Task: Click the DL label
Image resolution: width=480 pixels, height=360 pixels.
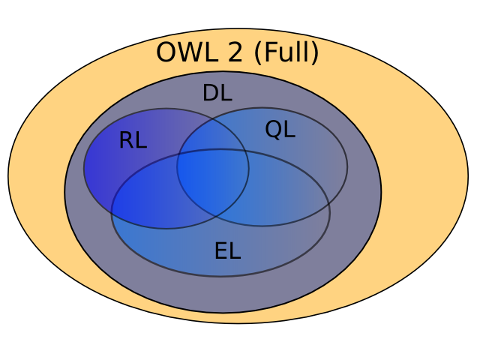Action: click(217, 94)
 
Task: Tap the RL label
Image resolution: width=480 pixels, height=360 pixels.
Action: click(133, 140)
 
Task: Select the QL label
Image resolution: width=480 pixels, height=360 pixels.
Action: click(280, 130)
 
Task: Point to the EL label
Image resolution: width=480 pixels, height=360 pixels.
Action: click(227, 250)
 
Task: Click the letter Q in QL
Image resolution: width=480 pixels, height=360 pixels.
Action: click(273, 130)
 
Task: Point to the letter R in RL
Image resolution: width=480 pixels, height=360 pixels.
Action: click(126, 140)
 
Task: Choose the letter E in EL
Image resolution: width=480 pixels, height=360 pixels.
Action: click(220, 250)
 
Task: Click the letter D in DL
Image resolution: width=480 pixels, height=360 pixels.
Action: click(211, 94)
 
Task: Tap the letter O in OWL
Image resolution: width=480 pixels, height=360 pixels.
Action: click(166, 53)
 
